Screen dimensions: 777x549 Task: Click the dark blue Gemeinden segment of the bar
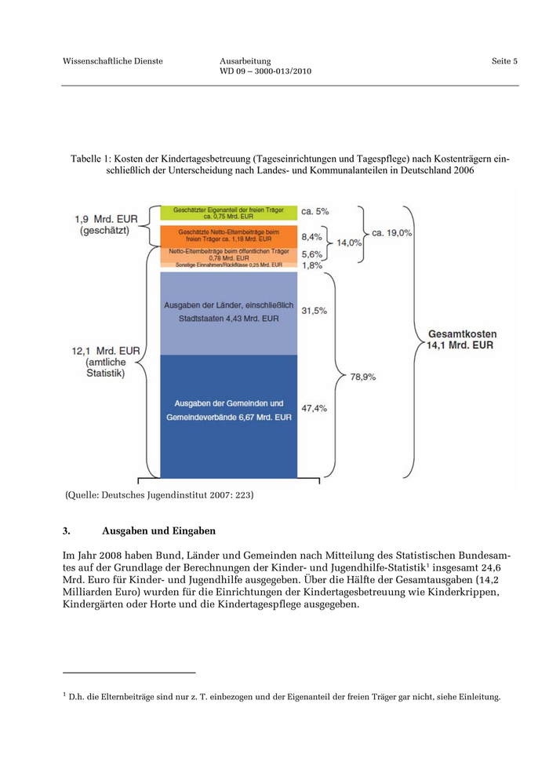[x=228, y=416]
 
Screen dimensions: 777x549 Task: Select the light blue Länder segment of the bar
[x=228, y=312]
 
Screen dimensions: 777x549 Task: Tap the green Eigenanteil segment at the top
[x=228, y=212]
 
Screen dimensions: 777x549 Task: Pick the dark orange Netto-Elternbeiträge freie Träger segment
[x=228, y=235]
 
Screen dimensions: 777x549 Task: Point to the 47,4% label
[x=314, y=408]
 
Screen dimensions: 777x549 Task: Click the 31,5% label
[x=314, y=311]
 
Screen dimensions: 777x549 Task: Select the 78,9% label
[x=362, y=377]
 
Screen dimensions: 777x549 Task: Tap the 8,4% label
[x=312, y=235]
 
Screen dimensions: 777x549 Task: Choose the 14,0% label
[x=349, y=243]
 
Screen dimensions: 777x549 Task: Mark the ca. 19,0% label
[x=392, y=233]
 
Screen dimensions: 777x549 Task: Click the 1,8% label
[x=312, y=266]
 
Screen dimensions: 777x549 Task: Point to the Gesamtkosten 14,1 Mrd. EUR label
[x=461, y=339]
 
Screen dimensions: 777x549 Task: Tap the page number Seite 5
[x=504, y=61]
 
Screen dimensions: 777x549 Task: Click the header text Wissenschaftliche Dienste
[x=113, y=61]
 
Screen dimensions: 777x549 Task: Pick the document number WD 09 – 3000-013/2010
[x=266, y=71]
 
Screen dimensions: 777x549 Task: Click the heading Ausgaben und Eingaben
[x=158, y=531]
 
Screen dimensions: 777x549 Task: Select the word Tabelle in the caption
[x=85, y=159]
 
